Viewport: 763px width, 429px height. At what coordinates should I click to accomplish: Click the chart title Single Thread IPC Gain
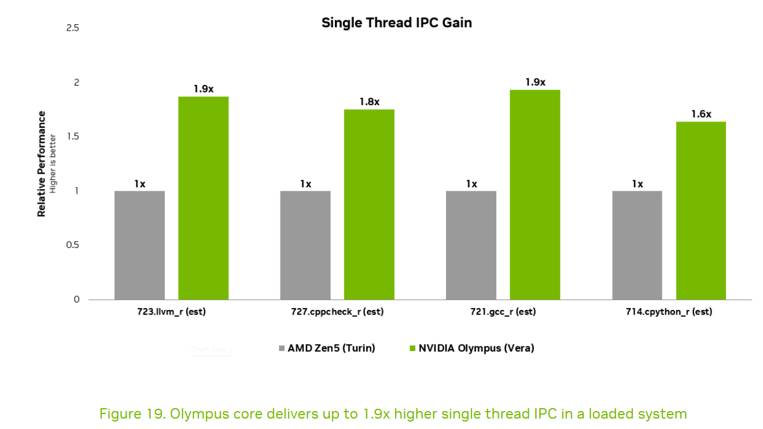tap(396, 23)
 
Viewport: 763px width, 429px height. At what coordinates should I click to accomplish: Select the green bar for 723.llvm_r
tap(204, 198)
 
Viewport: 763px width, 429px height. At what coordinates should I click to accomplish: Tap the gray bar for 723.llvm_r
tap(139, 245)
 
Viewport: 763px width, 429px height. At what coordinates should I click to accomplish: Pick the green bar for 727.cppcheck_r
tap(369, 205)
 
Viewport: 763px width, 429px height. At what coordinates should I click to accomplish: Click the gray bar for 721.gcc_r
tap(471, 245)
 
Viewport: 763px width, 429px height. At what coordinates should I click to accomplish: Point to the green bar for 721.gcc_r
tap(535, 195)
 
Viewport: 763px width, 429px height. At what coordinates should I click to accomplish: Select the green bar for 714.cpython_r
tap(701, 211)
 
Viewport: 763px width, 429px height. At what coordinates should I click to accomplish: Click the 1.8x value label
tap(370, 102)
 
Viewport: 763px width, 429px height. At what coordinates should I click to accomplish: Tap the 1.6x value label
tap(701, 114)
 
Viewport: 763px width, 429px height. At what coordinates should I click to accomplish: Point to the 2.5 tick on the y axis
tap(72, 28)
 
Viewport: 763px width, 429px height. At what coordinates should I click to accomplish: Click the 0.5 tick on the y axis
tap(72, 245)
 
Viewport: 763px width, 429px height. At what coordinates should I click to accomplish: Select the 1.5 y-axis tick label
tap(73, 136)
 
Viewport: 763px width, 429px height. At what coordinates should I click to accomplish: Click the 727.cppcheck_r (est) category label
tap(337, 312)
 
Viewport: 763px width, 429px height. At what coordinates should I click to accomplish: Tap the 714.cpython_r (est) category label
tap(669, 312)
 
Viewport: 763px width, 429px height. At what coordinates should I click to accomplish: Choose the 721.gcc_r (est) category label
tap(503, 312)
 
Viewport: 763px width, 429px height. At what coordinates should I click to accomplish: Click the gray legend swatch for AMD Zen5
tap(282, 348)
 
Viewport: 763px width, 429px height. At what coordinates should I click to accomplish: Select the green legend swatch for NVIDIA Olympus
tap(412, 348)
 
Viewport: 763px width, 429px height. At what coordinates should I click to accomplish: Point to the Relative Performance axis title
tap(41, 164)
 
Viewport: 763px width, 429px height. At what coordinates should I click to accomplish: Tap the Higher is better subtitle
tap(53, 164)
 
